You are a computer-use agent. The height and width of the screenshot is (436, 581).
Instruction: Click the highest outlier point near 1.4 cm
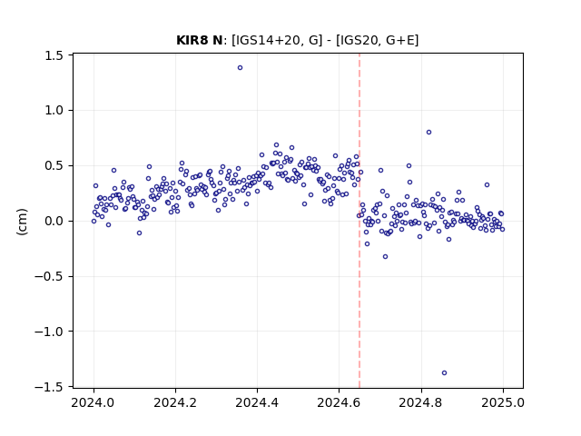coord(240,68)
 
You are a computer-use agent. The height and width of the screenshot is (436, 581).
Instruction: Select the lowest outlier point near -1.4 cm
coord(444,373)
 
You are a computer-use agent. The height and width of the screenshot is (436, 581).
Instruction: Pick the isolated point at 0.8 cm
coord(428,133)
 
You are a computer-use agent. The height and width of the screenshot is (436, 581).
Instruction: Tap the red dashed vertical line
coord(359,221)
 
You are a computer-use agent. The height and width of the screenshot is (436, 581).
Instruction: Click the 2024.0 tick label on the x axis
coord(94,402)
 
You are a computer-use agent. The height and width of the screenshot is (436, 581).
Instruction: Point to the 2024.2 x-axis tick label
coord(175,402)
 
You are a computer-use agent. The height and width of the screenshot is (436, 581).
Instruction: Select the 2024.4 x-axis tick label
coord(257,402)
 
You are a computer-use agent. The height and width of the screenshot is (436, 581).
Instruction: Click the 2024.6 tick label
coord(339,402)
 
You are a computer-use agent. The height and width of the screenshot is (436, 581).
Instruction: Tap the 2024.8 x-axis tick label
coord(421,402)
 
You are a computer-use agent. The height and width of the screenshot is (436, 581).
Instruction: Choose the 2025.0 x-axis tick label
coord(503,402)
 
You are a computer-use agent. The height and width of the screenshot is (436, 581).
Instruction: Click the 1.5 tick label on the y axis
coord(54,55)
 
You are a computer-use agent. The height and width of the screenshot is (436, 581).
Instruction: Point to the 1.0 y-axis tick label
coord(54,111)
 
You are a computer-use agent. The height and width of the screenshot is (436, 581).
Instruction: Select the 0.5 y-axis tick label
coord(54,165)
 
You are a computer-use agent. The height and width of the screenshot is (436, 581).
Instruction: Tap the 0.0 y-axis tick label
coord(54,222)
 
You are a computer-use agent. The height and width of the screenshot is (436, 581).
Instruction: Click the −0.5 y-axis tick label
coord(48,276)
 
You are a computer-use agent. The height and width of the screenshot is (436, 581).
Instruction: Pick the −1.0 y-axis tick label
coord(48,332)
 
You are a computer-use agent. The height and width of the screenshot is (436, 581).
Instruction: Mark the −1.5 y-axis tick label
coord(48,387)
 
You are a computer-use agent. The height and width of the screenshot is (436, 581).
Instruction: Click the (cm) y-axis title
coord(22,222)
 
